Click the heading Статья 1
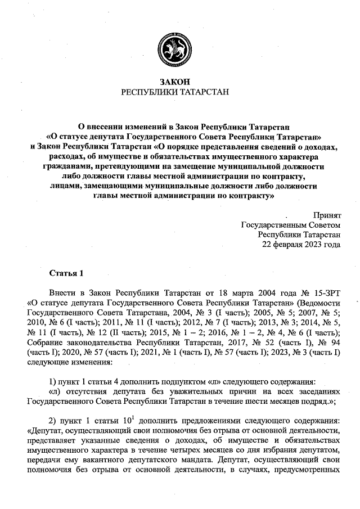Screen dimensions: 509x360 click(x=66, y=274)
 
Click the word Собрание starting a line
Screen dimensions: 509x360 click(x=44, y=344)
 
